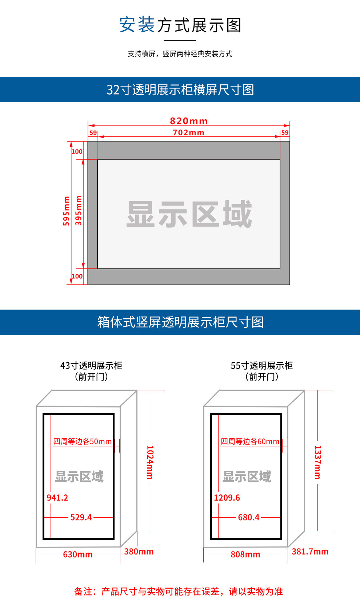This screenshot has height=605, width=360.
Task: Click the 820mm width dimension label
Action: (x=189, y=121)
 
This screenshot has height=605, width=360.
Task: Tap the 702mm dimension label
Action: (x=188, y=132)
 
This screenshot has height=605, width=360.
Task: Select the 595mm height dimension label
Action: (x=66, y=211)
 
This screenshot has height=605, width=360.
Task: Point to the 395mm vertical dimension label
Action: (x=78, y=210)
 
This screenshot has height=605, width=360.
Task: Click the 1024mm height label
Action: (x=150, y=462)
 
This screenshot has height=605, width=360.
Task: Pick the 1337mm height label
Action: (x=317, y=462)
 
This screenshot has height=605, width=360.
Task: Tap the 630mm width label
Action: (x=78, y=554)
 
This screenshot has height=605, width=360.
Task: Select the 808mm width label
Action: (x=245, y=554)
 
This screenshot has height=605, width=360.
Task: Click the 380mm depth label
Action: (x=139, y=552)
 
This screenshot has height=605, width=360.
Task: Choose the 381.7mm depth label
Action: (x=310, y=552)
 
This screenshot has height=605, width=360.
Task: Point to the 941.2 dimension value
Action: (x=57, y=498)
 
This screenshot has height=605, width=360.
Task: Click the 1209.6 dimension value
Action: (x=227, y=498)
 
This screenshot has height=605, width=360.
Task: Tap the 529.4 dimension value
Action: (x=81, y=517)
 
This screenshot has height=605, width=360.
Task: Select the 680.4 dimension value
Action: (x=249, y=517)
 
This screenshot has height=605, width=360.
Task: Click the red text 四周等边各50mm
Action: (x=83, y=442)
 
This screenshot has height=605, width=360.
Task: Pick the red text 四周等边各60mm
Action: (x=250, y=442)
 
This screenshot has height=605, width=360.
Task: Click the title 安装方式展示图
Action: (x=180, y=25)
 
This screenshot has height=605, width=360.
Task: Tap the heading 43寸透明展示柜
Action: (x=91, y=366)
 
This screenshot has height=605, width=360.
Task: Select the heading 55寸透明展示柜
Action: (x=262, y=366)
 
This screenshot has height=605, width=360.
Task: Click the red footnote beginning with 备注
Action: (x=179, y=592)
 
